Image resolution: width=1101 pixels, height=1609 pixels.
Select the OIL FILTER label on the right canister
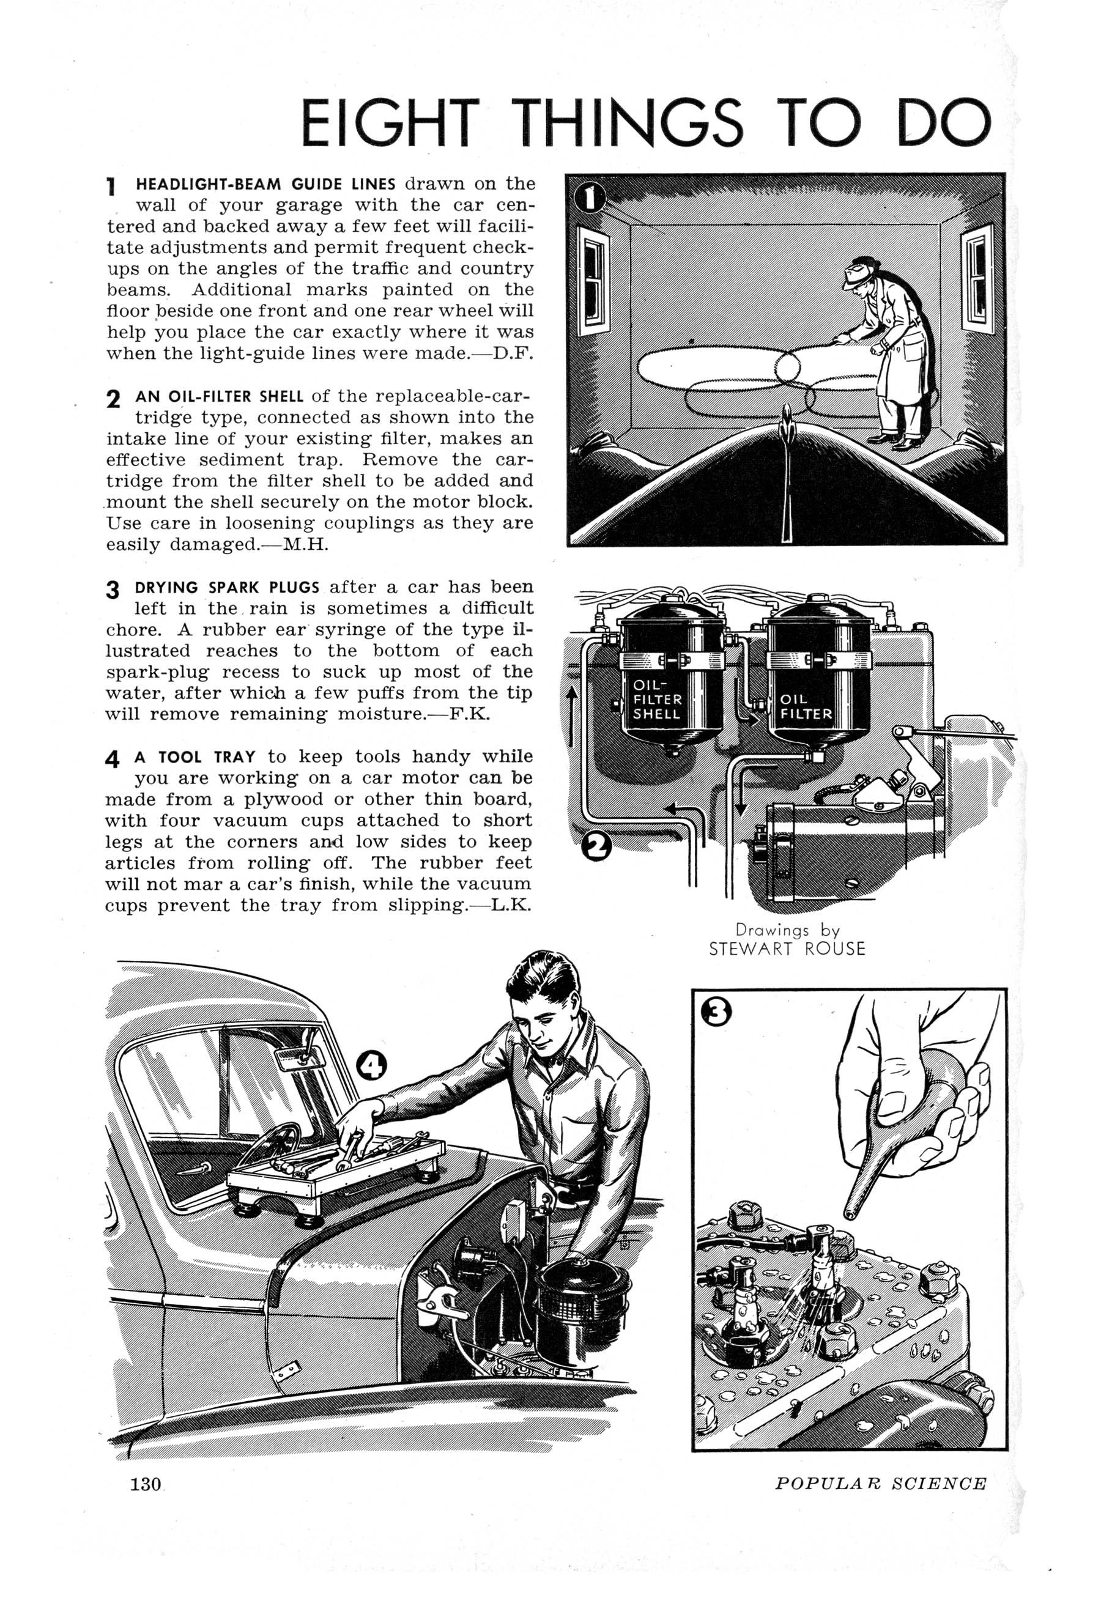[x=806, y=706]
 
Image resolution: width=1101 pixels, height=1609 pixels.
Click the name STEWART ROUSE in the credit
[x=787, y=949]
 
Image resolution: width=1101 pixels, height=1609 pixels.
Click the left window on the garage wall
[x=594, y=282]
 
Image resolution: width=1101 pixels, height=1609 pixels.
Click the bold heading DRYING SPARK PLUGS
[x=227, y=588]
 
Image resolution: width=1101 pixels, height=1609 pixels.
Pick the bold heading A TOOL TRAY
[x=196, y=758]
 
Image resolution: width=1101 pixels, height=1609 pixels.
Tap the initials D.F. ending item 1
[x=514, y=353]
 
